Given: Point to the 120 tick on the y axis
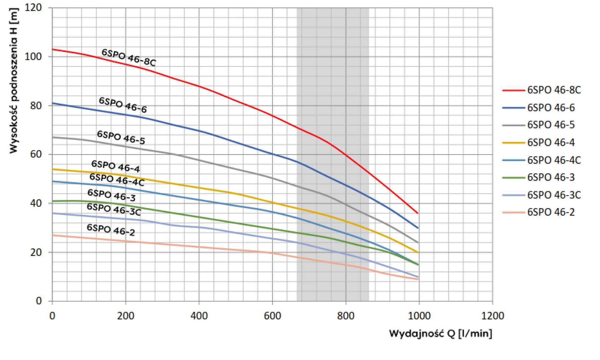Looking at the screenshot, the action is (x=33, y=7).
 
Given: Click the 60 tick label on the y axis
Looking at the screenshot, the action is (x=36, y=154).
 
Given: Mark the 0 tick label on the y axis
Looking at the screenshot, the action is (x=39, y=301).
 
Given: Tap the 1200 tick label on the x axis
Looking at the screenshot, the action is (x=492, y=316).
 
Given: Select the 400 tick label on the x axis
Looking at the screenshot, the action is (x=199, y=316).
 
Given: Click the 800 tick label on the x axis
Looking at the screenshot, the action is (x=346, y=316).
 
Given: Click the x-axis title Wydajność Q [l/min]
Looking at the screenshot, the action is (x=441, y=333).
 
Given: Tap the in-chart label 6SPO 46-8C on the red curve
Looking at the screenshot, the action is (x=129, y=57).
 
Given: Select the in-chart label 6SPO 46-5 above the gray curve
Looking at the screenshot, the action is (x=121, y=137).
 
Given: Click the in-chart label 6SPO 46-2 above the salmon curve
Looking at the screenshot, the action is (x=111, y=230).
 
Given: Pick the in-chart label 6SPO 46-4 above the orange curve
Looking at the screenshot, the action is (x=116, y=166).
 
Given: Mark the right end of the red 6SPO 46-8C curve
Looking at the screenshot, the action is (x=418, y=213).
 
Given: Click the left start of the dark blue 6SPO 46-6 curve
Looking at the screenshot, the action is (x=52, y=103).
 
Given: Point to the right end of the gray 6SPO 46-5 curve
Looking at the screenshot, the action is (x=418, y=242).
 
